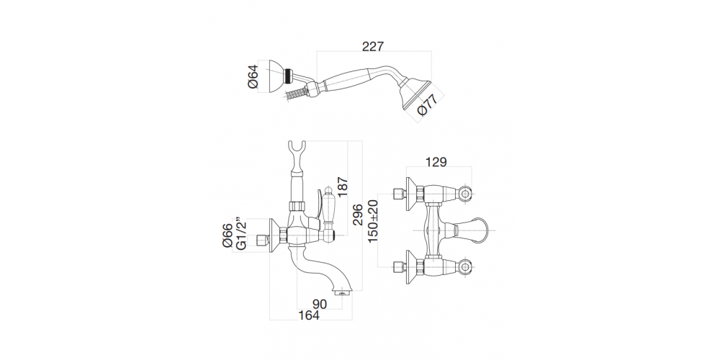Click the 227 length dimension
pyautogui.click(x=372, y=45)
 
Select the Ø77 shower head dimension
pyautogui.click(x=427, y=106)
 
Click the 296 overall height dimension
pyautogui.click(x=356, y=215)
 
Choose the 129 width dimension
pyautogui.click(x=436, y=163)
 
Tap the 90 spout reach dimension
pyautogui.click(x=320, y=304)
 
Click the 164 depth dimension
pyautogui.click(x=310, y=316)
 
